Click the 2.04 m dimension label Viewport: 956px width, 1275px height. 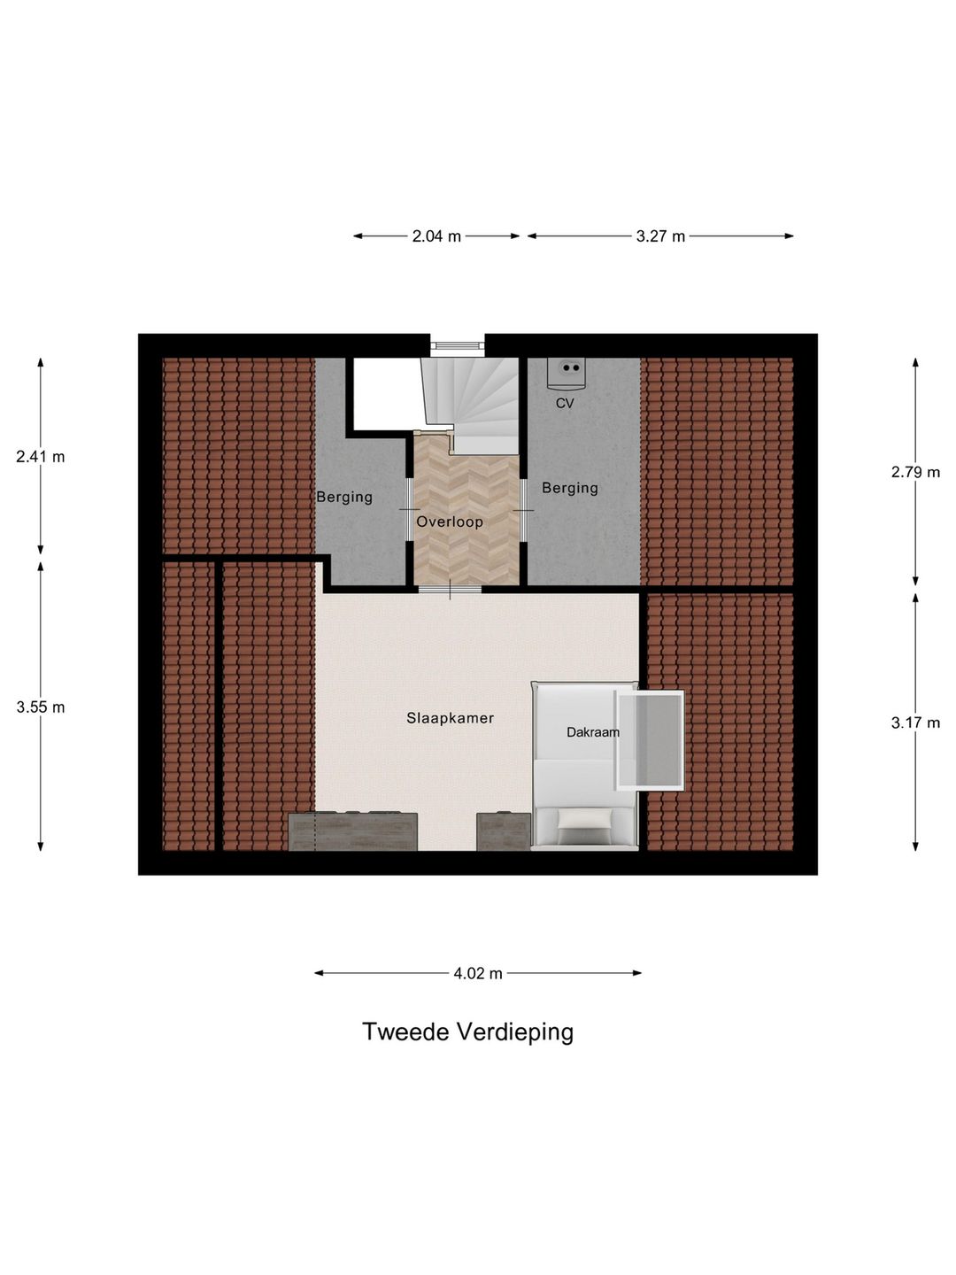click(436, 236)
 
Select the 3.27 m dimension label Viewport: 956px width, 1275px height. click(660, 236)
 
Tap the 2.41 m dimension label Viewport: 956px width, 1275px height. click(41, 457)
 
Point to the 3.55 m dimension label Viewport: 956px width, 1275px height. click(41, 707)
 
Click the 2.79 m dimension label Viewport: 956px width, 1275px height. click(915, 472)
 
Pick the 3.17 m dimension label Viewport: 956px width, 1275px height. click(915, 722)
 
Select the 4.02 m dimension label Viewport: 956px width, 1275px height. click(478, 974)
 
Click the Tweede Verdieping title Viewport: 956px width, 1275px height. click(467, 1032)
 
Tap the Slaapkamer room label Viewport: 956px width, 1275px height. click(450, 718)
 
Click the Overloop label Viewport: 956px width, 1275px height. click(450, 522)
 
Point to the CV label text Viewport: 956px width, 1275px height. click(565, 404)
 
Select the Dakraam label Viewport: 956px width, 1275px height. click(593, 732)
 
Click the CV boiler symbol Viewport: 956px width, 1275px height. click(567, 373)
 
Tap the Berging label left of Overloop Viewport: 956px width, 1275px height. click(344, 497)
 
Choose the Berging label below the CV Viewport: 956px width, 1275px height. click(570, 488)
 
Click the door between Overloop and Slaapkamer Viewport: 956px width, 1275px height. click(450, 589)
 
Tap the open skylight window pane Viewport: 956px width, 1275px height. click(651, 740)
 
